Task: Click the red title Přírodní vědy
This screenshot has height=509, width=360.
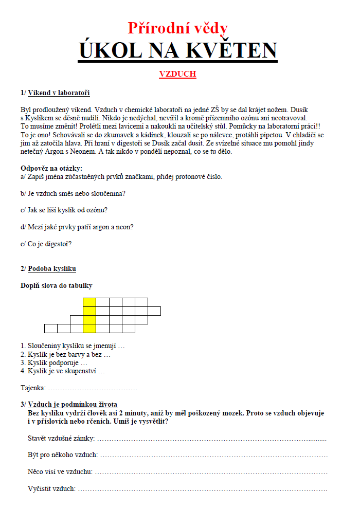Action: coord(177,27)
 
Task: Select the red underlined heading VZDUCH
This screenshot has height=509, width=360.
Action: coord(177,74)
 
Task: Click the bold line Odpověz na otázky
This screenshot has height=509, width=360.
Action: coord(51,168)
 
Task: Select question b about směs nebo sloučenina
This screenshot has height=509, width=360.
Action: coord(74,194)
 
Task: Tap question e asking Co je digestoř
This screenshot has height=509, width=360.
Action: coord(46,244)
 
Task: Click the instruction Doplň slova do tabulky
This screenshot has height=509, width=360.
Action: coord(57,285)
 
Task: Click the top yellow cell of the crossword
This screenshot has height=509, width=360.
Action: coord(89,302)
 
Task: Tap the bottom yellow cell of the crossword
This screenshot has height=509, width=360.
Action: coord(89,329)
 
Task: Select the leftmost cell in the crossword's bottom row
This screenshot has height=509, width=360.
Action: coord(50,329)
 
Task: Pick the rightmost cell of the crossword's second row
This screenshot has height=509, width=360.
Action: coord(154,311)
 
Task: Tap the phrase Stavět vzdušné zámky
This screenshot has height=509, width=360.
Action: coord(61,438)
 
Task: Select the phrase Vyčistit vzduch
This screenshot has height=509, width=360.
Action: coord(51,488)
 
